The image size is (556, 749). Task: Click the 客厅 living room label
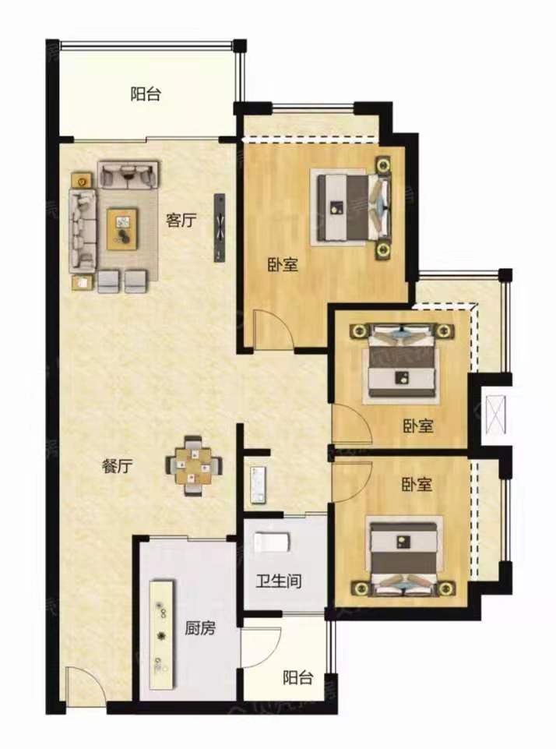pyautogui.click(x=181, y=221)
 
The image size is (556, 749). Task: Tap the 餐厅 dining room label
pyautogui.click(x=118, y=466)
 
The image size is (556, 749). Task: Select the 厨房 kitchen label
pyautogui.click(x=200, y=627)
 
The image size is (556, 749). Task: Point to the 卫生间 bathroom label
pyautogui.click(x=279, y=581)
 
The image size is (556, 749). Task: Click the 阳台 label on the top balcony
pyautogui.click(x=146, y=94)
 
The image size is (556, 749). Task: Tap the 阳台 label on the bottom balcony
pyautogui.click(x=297, y=677)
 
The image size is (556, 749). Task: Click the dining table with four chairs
pyautogui.click(x=193, y=466)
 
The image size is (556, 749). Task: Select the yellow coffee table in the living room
pyautogui.click(x=123, y=228)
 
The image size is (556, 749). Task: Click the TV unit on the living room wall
pyautogui.click(x=220, y=228)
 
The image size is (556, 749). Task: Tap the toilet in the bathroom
pyautogui.click(x=272, y=542)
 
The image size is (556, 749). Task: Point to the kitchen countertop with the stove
pyautogui.click(x=161, y=634)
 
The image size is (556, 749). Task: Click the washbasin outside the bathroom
pyautogui.click(x=258, y=485)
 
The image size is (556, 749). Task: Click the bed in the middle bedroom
pyautogui.click(x=401, y=362)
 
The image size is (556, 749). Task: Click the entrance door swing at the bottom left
pyautogui.click(x=84, y=685)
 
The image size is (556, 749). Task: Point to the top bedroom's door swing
pyautogui.click(x=273, y=329)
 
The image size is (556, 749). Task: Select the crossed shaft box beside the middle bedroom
pyautogui.click(x=496, y=410)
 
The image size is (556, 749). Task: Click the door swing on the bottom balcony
pyautogui.click(x=261, y=646)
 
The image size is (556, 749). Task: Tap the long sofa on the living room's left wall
pyautogui.click(x=83, y=228)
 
